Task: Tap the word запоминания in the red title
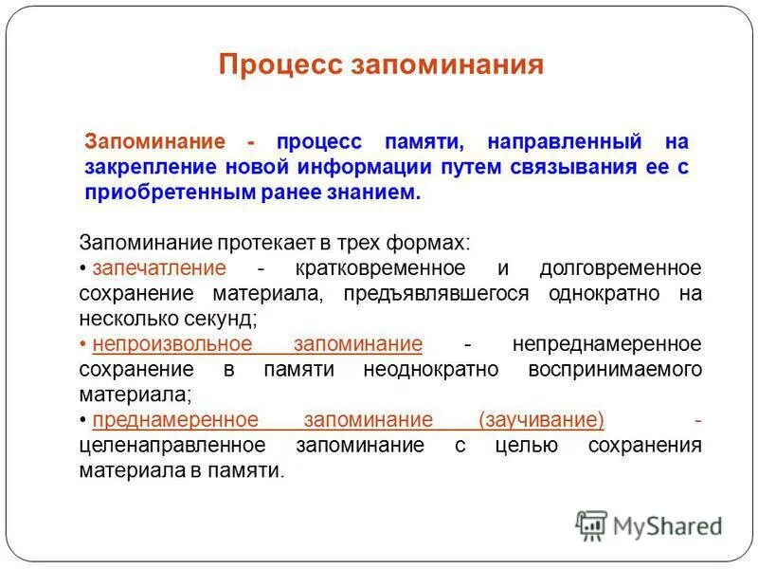click(448, 64)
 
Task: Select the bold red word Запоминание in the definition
click(155, 142)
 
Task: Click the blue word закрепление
click(148, 168)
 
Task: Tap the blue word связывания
click(581, 168)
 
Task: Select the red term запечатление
click(159, 267)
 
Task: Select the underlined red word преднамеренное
click(175, 420)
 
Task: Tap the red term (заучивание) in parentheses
click(542, 420)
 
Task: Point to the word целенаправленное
click(172, 446)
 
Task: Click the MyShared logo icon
click(591, 524)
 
